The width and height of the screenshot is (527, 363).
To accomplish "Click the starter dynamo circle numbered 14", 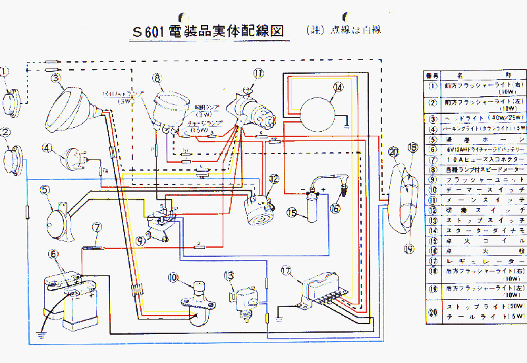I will point(321,107).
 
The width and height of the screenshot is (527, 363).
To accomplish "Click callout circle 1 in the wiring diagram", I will point(5,72).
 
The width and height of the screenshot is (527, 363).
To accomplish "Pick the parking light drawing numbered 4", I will point(72,157).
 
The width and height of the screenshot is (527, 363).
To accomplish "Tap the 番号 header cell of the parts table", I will point(432,75).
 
